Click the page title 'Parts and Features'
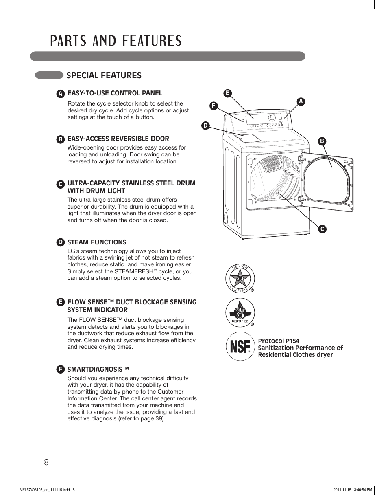pyautogui.click(x=116, y=41)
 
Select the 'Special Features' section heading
pyautogui.click(x=104, y=75)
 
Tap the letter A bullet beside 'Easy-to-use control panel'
pyautogui.click(x=60, y=94)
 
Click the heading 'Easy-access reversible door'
pyautogui.click(x=118, y=139)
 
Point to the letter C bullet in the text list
pyautogui.click(x=60, y=184)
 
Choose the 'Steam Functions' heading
pyautogui.click(x=96, y=242)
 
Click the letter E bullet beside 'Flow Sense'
pyautogui.click(x=60, y=302)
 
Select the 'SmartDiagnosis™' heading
pyautogui.click(x=98, y=369)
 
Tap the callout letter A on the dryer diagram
pyautogui.click(x=301, y=102)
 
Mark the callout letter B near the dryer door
pyautogui.click(x=322, y=141)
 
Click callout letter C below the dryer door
pyautogui.click(x=322, y=229)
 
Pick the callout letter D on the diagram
pyautogui.click(x=206, y=126)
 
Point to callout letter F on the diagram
pyautogui.click(x=212, y=106)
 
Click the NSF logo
pyautogui.click(x=240, y=346)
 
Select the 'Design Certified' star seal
pyautogui.click(x=240, y=279)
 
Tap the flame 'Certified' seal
pyautogui.click(x=240, y=312)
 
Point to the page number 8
pyautogui.click(x=46, y=462)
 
